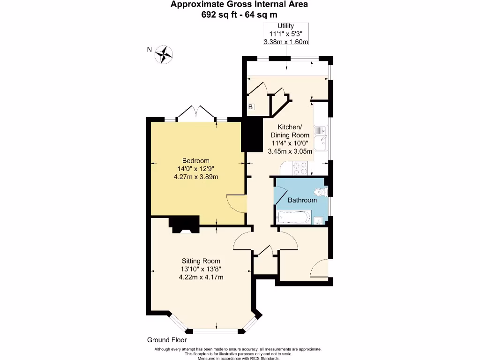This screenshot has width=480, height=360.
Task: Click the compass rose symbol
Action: click(165, 54)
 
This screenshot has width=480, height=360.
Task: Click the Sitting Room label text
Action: click(201, 261)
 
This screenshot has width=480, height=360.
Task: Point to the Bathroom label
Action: click(302, 200)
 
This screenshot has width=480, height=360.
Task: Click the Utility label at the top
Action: click(285, 26)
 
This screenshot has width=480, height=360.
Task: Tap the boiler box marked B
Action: click(251, 107)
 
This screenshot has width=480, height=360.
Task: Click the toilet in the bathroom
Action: click(322, 191)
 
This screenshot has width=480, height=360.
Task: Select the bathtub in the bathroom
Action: click(294, 217)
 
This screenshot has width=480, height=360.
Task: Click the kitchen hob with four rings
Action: click(300, 168)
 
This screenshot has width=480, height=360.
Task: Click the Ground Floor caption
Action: click(167, 340)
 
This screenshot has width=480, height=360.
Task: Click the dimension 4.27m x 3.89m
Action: click(196, 177)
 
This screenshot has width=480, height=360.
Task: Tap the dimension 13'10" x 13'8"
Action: click(201, 269)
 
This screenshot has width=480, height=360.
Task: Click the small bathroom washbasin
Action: click(318, 219)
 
